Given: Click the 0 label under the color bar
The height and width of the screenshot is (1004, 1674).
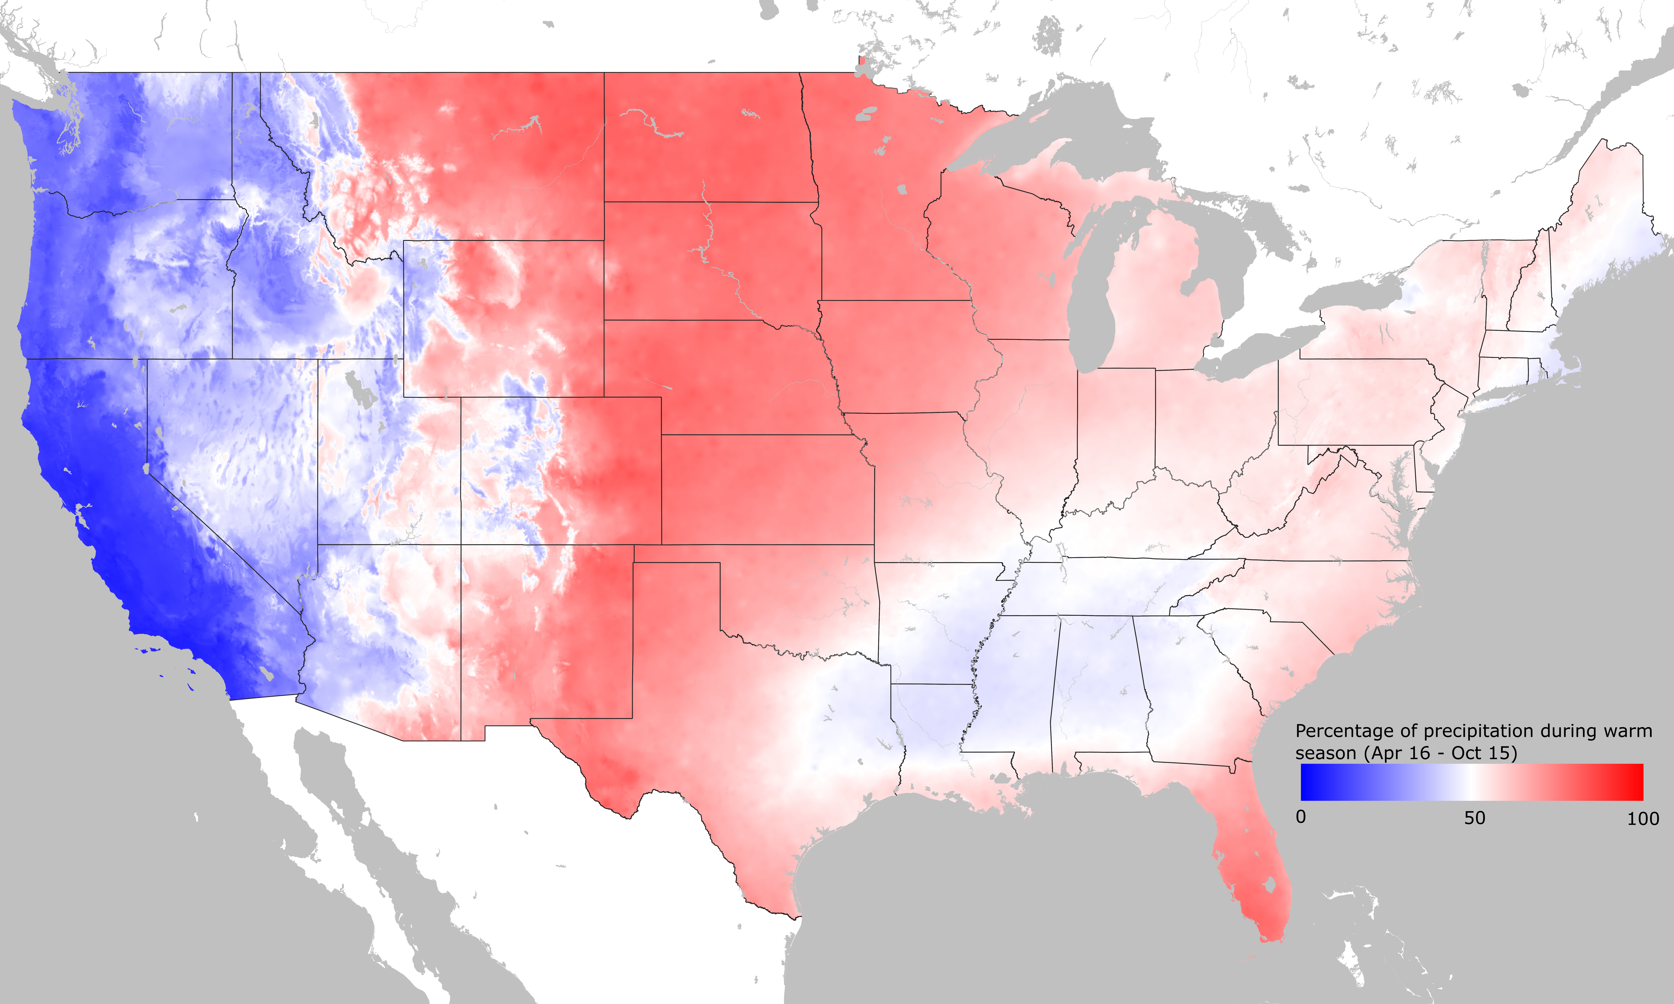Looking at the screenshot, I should pyautogui.click(x=1301, y=817).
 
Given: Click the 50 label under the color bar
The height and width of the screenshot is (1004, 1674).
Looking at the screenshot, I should pyautogui.click(x=1474, y=818).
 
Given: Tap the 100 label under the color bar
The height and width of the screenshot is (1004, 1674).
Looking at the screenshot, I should pyautogui.click(x=1643, y=819).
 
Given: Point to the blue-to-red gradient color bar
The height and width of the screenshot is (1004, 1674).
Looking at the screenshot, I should pyautogui.click(x=1472, y=782).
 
